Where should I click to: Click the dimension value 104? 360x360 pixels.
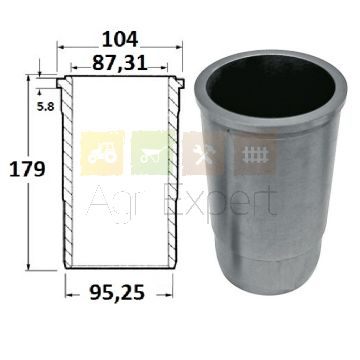tap(120, 39)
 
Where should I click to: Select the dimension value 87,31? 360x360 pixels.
tap(120, 63)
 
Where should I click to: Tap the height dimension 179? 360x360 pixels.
tap(27, 169)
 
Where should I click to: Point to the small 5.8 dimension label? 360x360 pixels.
tap(46, 107)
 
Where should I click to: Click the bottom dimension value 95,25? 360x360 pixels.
tap(117, 293)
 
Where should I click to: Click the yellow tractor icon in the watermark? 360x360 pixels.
tap(102, 153)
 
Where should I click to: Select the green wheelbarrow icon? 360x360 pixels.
tap(153, 153)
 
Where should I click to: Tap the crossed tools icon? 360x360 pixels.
tap(204, 153)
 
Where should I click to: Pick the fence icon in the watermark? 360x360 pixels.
tap(255, 153)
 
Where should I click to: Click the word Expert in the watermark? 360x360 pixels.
tap(220, 202)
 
